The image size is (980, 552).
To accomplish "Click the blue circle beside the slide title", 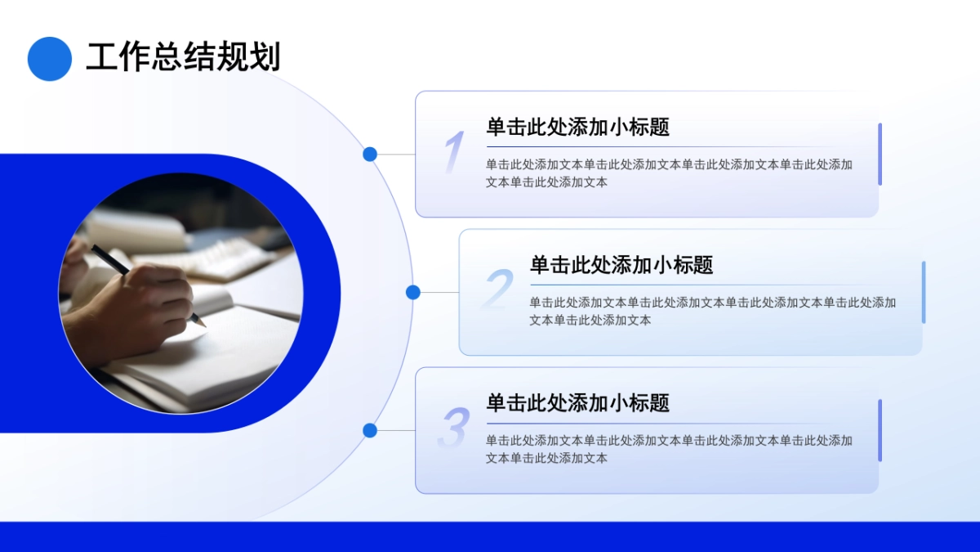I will tap(50, 59).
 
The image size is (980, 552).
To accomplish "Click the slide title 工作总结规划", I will tap(183, 57).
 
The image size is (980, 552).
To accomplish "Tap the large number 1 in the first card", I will tap(454, 153).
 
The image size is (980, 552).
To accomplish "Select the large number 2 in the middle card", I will tap(497, 289).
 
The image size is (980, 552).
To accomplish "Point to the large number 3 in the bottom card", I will tap(454, 429).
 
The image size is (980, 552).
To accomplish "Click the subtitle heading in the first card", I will tap(577, 128).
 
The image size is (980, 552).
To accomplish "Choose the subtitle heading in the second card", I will tap(621, 265).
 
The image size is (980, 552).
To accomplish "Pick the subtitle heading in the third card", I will tap(577, 403).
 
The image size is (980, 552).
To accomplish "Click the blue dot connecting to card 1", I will tap(370, 154).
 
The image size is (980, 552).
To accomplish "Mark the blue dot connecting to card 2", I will tap(413, 292).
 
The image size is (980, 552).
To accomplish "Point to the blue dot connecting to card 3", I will tap(370, 430).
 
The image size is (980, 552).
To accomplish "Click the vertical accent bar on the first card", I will tap(880, 154).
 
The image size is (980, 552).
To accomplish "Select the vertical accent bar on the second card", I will tap(923, 292).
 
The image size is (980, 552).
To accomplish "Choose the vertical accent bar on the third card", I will tap(880, 430).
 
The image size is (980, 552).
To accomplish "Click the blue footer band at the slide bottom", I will tap(490, 536).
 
